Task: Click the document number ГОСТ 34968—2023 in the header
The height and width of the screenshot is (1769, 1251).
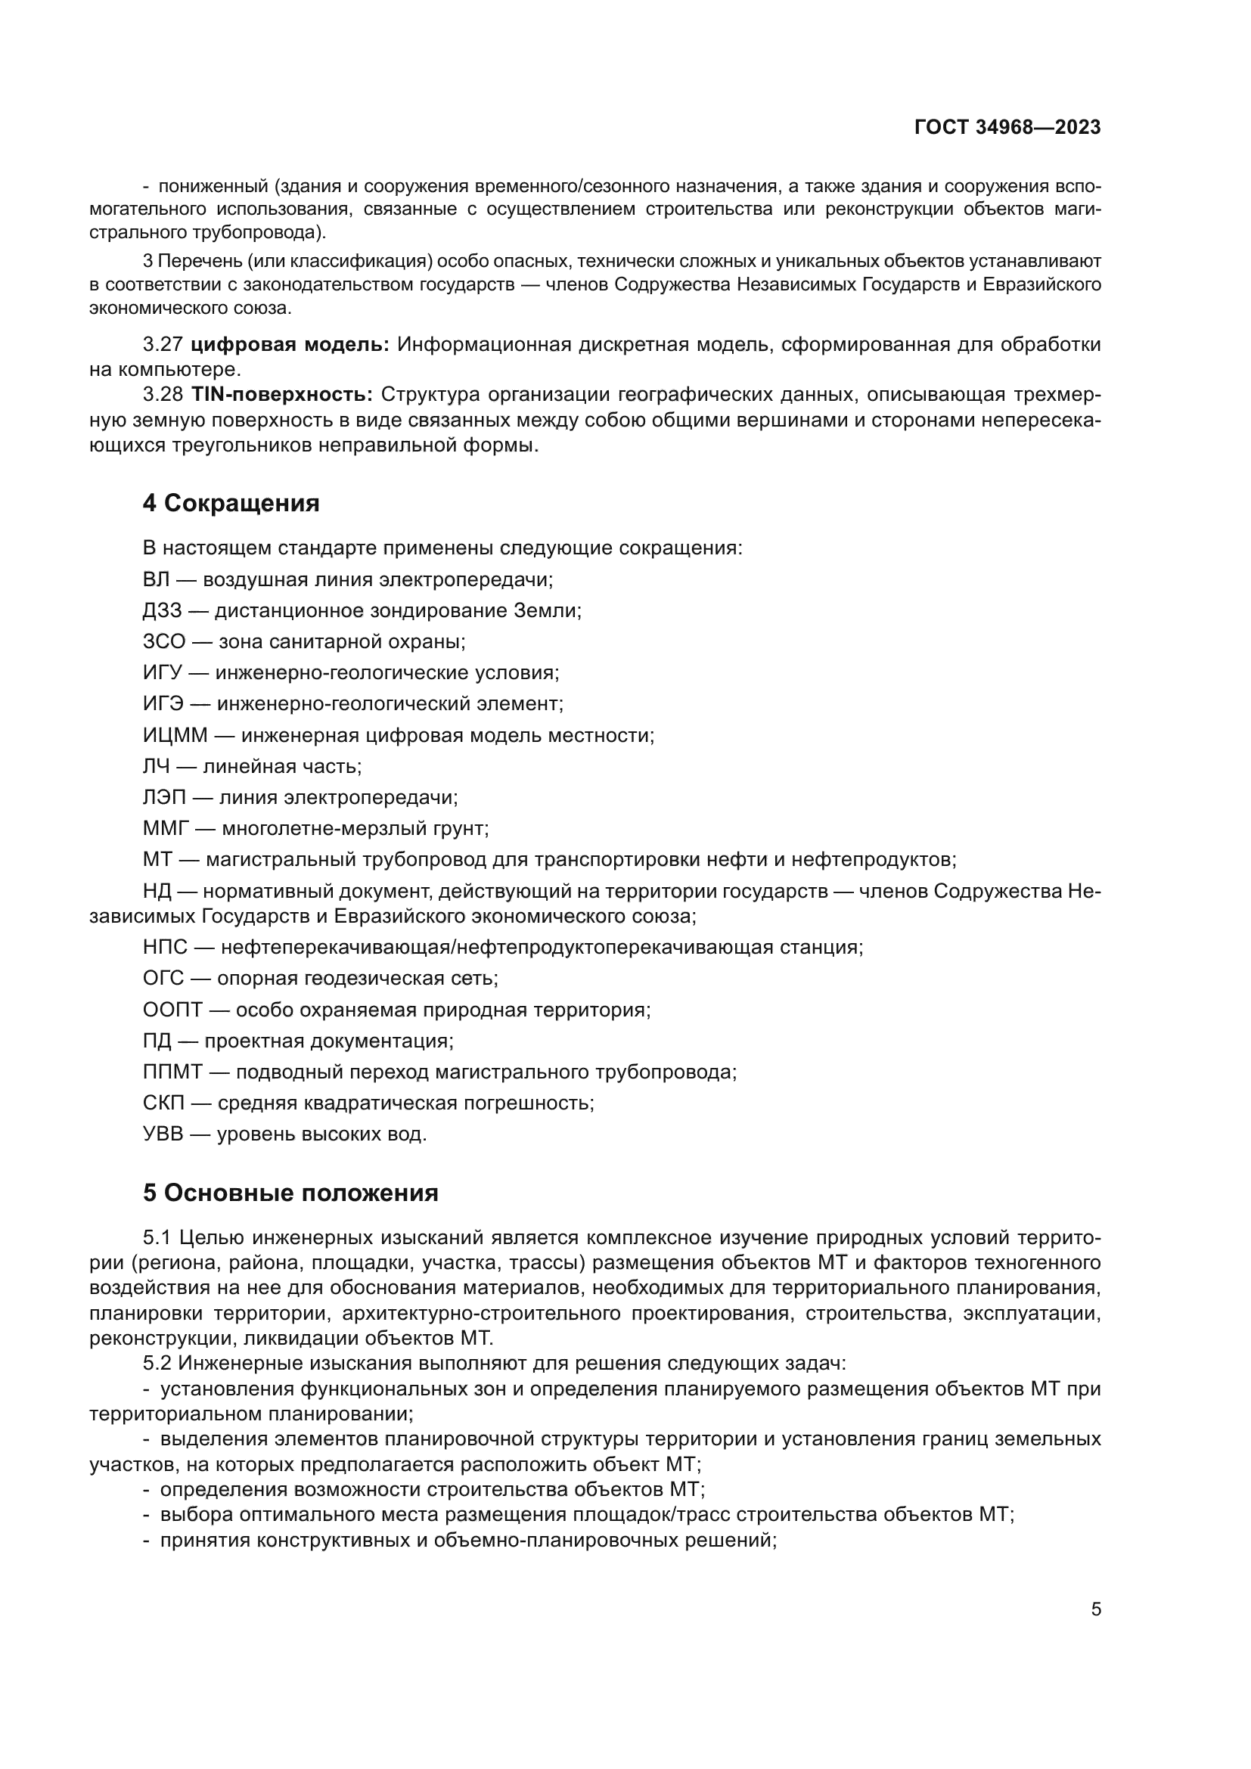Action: coord(1007,128)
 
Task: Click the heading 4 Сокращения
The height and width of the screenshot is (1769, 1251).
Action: coord(231,503)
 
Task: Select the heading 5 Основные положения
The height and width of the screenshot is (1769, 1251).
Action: coord(290,1193)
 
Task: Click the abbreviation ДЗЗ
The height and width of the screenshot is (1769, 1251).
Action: coord(162,611)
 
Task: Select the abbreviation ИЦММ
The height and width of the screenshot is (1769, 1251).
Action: coord(175,735)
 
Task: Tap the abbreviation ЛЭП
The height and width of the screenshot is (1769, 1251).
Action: coord(164,797)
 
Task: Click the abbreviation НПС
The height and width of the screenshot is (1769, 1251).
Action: coord(165,947)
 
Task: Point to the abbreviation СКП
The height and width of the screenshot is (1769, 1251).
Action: coord(163,1103)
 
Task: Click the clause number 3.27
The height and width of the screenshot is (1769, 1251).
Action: coord(163,344)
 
